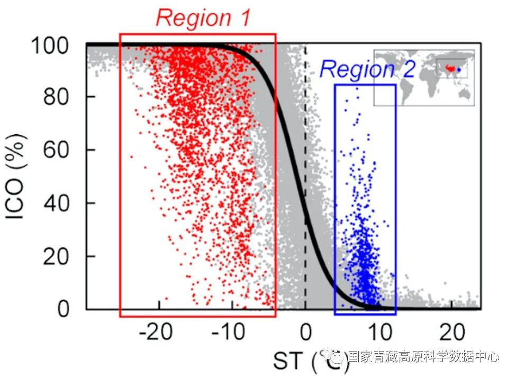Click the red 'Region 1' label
[203, 18]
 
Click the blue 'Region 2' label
[367, 69]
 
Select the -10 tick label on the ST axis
[229, 334]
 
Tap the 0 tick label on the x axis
[305, 334]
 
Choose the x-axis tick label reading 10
[378, 334]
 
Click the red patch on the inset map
[450, 68]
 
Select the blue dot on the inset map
[459, 69]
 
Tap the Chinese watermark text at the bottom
[423, 357]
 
